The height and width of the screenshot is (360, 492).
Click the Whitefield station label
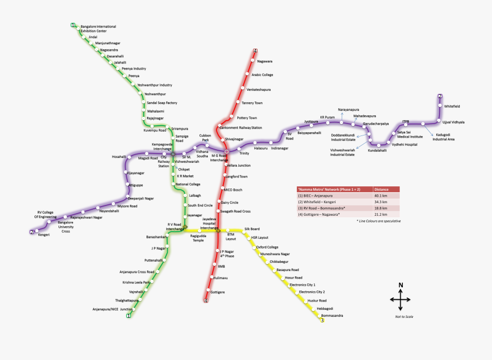[452, 106]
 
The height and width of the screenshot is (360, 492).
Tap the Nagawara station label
[265, 61]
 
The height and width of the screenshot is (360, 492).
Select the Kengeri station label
[44, 234]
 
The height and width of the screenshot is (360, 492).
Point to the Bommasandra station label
[332, 316]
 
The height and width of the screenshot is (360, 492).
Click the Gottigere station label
[218, 292]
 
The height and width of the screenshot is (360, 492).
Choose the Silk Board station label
[252, 228]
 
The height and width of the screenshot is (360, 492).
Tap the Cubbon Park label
[205, 138]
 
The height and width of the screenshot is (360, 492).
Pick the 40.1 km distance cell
[381, 196]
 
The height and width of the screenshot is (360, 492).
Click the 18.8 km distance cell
[381, 208]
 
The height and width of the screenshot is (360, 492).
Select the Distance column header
[382, 189]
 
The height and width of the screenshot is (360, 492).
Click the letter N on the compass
[401, 285]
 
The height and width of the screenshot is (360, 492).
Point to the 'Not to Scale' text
[403, 317]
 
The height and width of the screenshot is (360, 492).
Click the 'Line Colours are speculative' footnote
[378, 221]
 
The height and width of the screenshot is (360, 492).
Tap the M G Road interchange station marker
[226, 151]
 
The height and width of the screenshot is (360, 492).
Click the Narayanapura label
[348, 110]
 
